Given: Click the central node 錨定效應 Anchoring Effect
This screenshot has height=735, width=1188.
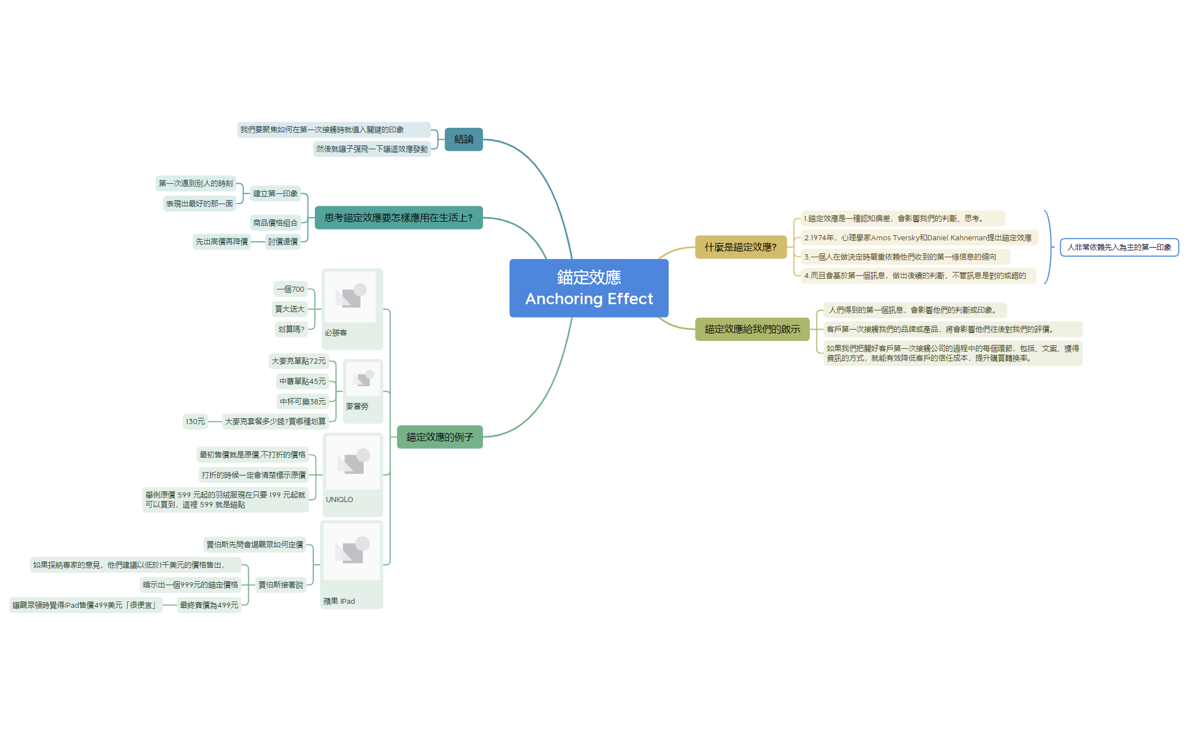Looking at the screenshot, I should tap(589, 288).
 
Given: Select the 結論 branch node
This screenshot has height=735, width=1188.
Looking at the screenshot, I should tap(464, 139).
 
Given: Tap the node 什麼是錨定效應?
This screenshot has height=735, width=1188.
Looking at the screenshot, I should tap(740, 247).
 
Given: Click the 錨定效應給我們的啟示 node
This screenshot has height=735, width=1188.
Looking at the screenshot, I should tap(752, 329).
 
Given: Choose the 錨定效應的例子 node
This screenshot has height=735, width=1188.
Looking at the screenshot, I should tap(439, 437).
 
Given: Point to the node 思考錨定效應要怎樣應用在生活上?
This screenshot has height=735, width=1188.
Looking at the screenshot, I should tap(398, 218).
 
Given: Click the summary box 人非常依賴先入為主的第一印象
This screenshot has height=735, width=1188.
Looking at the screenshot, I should tap(1118, 247).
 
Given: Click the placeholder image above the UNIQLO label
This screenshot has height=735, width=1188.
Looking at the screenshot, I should tap(353, 462).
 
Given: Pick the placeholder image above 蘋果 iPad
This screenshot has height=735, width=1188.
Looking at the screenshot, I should tap(352, 551).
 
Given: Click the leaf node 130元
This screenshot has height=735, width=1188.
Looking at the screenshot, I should tap(195, 421).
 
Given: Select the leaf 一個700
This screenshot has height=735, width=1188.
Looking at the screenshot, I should tap(291, 289).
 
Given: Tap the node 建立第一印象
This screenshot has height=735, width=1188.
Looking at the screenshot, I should tap(275, 193).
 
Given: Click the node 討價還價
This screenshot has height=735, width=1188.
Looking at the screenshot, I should tap(283, 241).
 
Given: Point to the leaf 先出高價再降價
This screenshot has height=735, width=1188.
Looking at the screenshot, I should tap(222, 241).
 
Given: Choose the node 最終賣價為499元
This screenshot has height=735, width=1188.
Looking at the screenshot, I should tap(209, 605).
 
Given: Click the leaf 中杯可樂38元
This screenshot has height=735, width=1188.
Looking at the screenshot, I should tap(303, 401).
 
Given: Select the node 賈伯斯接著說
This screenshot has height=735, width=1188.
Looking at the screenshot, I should tap(280, 585).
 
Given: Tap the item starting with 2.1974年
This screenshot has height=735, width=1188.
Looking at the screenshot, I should tap(918, 237).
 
